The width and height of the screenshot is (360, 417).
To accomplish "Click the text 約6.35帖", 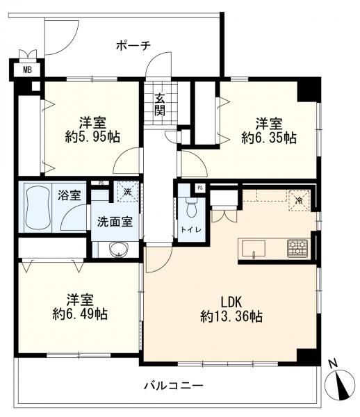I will (269, 138).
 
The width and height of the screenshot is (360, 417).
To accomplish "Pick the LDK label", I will (231, 303).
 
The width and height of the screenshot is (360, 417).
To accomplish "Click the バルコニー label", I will (173, 384).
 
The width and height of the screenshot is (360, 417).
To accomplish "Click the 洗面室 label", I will (115, 224).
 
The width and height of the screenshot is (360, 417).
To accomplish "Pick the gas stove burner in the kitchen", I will (297, 247).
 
